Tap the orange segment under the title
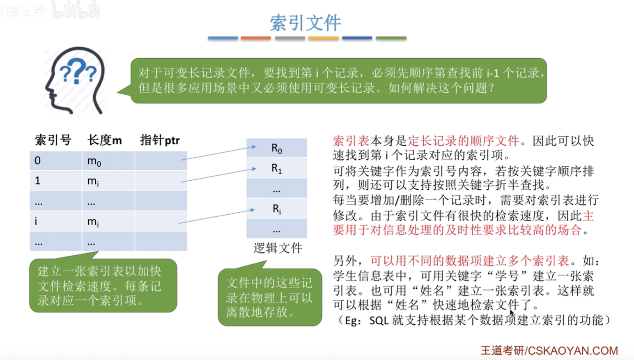[x=255, y=38]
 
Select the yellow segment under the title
[x=324, y=38]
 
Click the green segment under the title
[x=391, y=38]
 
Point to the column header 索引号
[x=53, y=140]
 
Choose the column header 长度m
[x=104, y=140]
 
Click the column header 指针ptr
[x=160, y=140]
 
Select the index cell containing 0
[x=56, y=161]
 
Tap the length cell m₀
[x=108, y=161]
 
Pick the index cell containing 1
[x=56, y=181]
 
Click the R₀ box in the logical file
[x=276, y=148]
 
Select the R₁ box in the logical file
[x=276, y=168]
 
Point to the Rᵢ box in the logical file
[x=276, y=209]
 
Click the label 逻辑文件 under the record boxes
[x=278, y=248]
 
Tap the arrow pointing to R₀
[x=218, y=153]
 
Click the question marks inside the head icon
[x=78, y=71]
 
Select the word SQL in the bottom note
[x=379, y=320]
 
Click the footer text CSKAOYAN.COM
[x=573, y=351]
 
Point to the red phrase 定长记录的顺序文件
[x=464, y=141]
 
